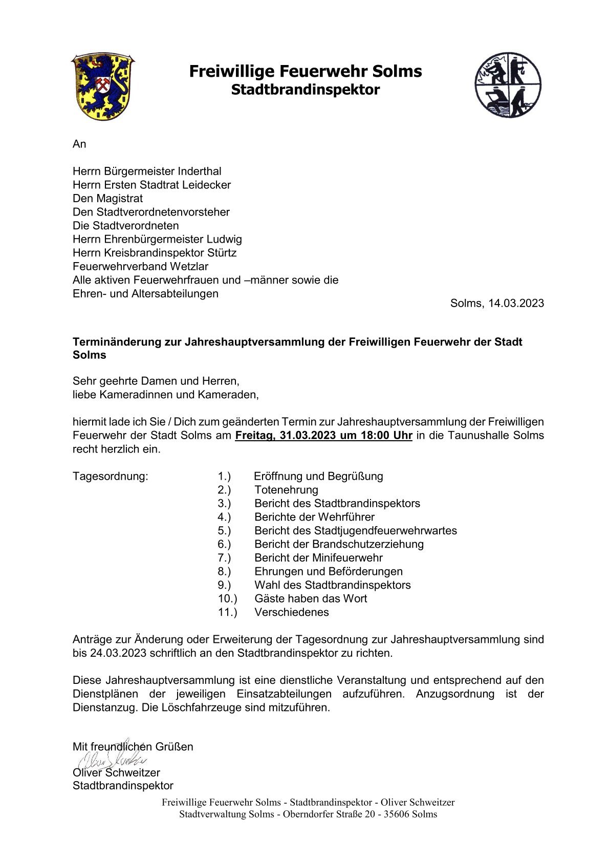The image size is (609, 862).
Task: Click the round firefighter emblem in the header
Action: (x=507, y=85)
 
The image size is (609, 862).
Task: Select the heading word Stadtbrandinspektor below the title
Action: (x=305, y=90)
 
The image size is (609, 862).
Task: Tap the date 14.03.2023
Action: (x=516, y=303)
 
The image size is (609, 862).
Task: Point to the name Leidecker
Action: (x=206, y=185)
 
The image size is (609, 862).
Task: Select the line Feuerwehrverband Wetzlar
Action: (x=140, y=266)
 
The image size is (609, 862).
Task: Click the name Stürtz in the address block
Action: (x=222, y=253)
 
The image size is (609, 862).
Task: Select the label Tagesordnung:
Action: (x=110, y=477)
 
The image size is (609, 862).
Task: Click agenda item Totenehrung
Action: (x=286, y=490)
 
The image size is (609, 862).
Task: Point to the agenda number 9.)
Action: (x=224, y=585)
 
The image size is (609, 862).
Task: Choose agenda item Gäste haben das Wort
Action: (x=311, y=598)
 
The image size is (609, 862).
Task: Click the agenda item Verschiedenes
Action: (x=292, y=612)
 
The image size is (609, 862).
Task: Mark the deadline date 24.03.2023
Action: (x=118, y=653)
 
